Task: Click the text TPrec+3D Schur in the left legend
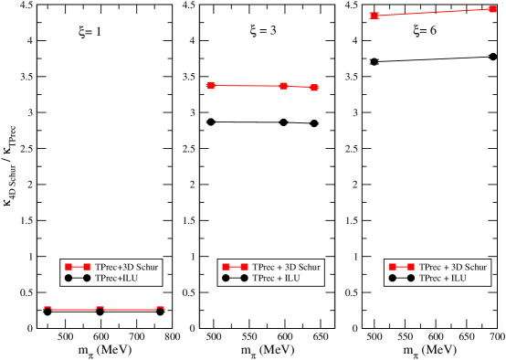coord(127,267)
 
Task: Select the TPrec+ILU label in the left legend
coord(120,277)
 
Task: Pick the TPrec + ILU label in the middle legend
coord(277,277)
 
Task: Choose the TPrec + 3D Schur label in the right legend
coord(453,267)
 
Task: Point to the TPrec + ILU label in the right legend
coord(443,277)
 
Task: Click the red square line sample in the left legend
coord(79,267)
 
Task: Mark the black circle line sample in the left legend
coord(79,277)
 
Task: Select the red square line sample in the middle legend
coord(235,267)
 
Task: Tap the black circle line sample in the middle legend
coord(235,277)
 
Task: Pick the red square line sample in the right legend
coord(401,267)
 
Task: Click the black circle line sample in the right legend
coord(401,277)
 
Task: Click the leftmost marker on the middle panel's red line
coord(211,85)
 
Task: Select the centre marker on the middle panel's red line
coord(284,86)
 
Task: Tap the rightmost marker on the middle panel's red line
coord(314,88)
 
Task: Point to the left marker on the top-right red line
coord(374,16)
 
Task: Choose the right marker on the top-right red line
coord(492,9)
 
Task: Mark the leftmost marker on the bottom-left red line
coord(47,309)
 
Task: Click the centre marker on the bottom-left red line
coord(100,309)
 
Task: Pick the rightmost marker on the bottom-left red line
coord(161,309)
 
